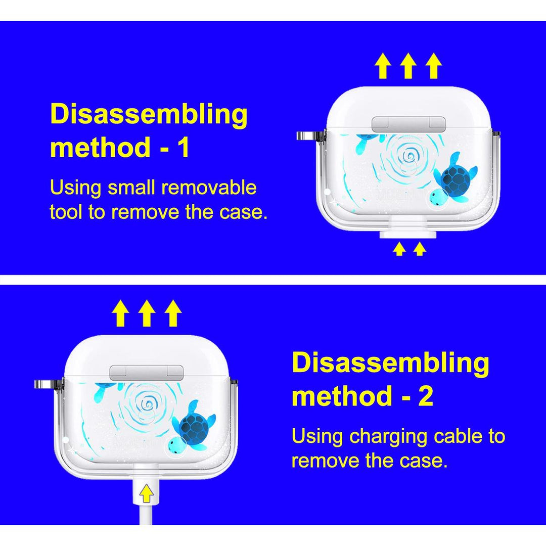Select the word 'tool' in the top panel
point(65,211)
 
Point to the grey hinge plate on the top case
point(409,124)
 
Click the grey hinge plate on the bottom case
point(147,373)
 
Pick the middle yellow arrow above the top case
point(408,66)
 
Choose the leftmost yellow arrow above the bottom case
point(120,313)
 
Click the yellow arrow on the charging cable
point(147,493)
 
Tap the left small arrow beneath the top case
point(399,249)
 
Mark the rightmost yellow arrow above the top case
point(434,66)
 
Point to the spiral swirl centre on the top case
point(407,154)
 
